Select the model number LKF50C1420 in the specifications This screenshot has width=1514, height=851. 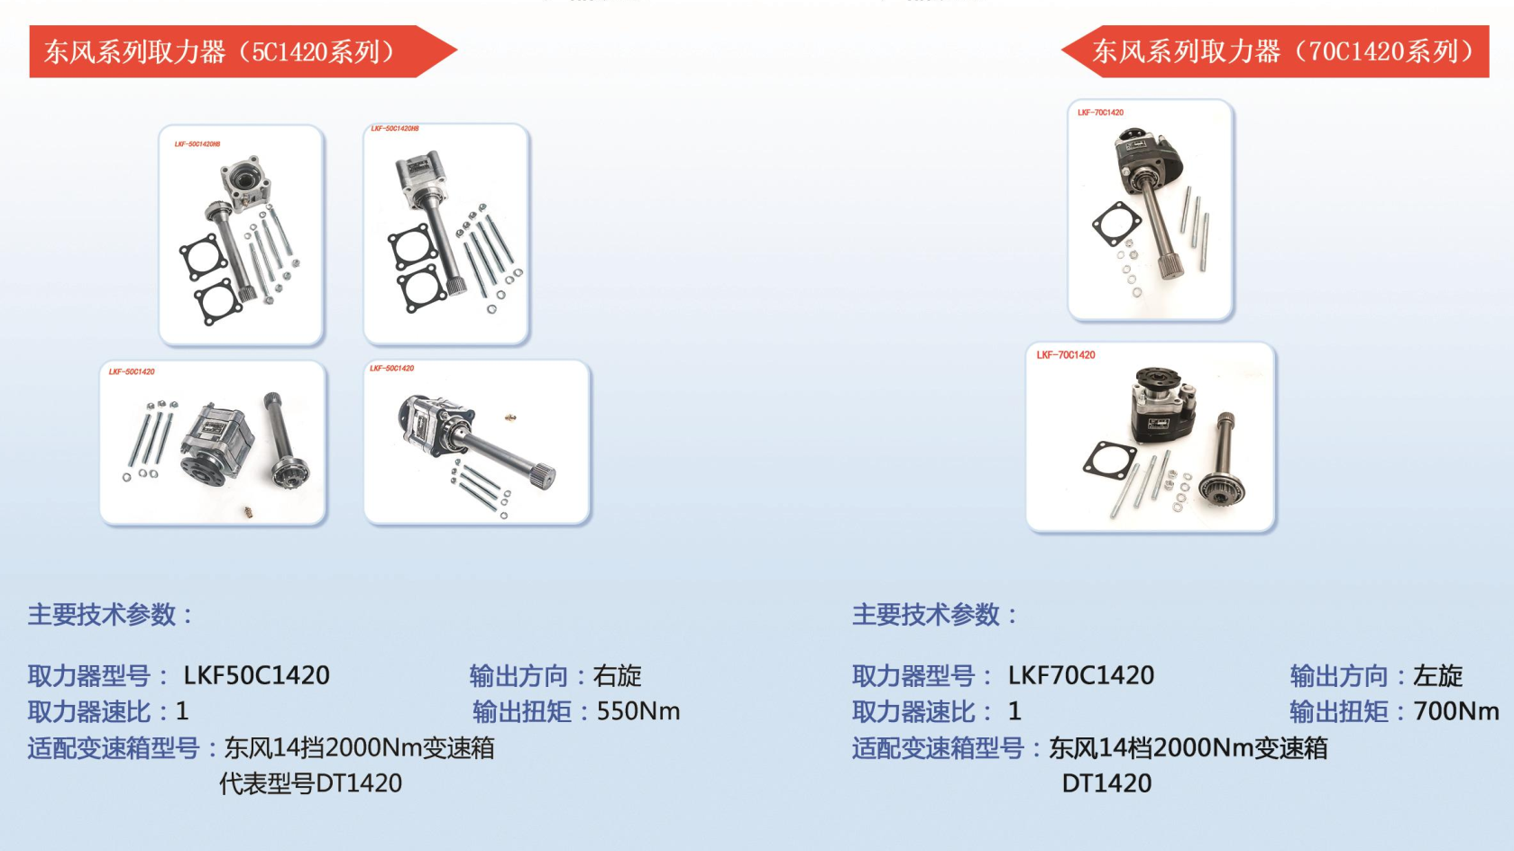(257, 675)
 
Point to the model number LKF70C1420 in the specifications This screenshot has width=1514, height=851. (1081, 675)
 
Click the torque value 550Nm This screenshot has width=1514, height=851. (638, 711)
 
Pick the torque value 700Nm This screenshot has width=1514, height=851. (1456, 711)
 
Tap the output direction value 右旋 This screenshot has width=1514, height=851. (617, 675)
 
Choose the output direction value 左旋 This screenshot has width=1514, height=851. (1437, 675)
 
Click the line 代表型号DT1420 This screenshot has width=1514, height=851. (311, 783)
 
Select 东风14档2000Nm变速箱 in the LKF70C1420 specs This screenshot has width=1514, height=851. (1188, 747)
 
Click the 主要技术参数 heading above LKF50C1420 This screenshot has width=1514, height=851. (110, 615)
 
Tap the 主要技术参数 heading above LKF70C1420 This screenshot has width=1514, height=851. (935, 615)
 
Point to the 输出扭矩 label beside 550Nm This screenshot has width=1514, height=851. (522, 711)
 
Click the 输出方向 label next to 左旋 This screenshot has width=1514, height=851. (1339, 675)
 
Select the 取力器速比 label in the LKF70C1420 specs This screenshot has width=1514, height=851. (913, 711)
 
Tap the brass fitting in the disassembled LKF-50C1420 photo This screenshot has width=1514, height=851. (249, 512)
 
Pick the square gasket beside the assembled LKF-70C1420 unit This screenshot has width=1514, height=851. (1116, 224)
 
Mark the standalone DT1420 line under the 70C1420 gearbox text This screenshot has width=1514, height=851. (1106, 783)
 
